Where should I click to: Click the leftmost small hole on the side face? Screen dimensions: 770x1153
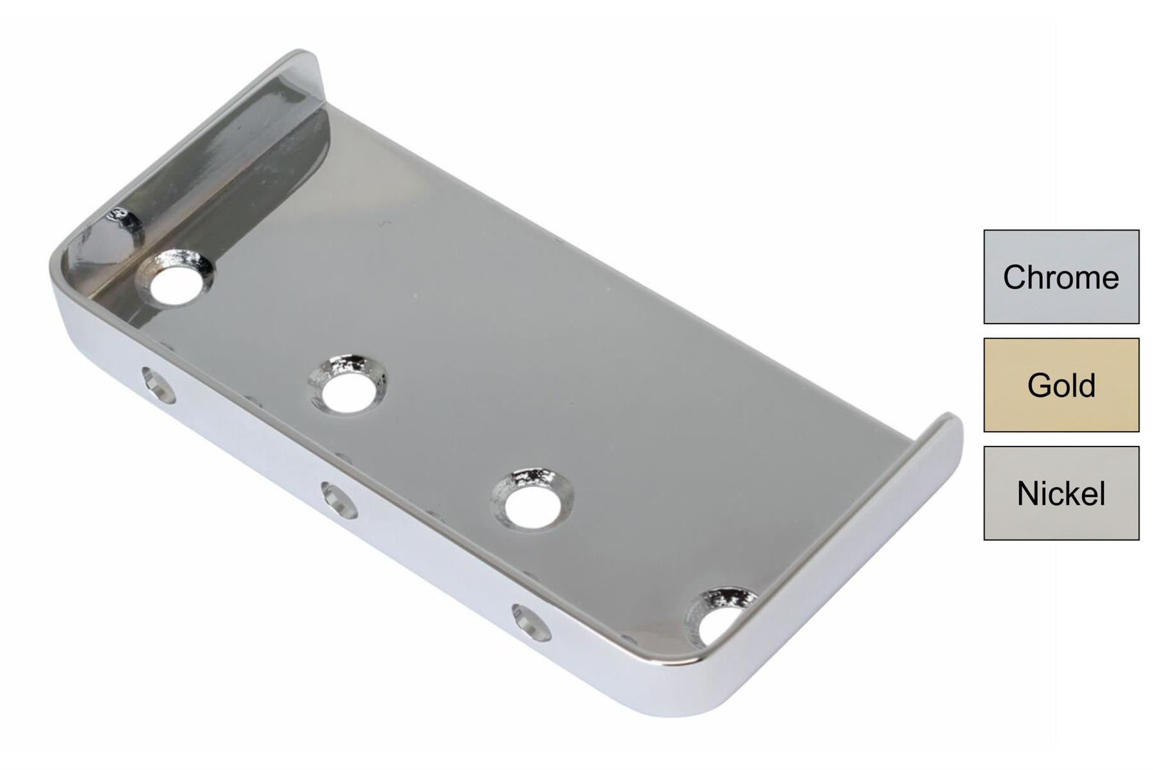point(159,385)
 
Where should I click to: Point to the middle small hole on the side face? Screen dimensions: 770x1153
point(340,500)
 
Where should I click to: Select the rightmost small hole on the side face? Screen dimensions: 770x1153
point(532,623)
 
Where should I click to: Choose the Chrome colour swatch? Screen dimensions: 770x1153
point(1061,277)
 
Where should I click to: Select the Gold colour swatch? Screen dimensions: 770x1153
point(1061,385)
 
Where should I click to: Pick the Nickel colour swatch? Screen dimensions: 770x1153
point(1061,493)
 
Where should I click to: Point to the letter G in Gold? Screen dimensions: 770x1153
point(1040,386)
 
